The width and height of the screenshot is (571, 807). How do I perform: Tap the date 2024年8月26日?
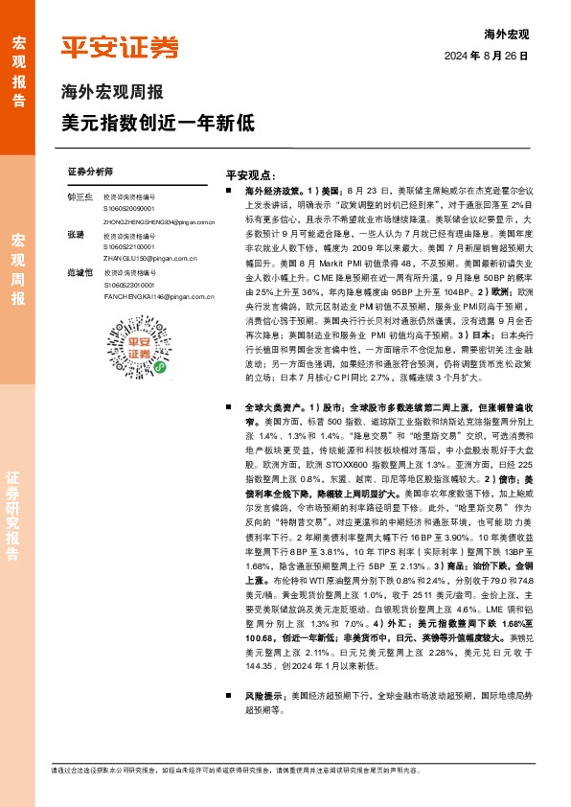[x=487, y=57]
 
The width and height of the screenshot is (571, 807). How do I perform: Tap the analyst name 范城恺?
[x=80, y=273]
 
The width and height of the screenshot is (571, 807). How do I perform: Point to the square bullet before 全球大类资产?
[x=222, y=406]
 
